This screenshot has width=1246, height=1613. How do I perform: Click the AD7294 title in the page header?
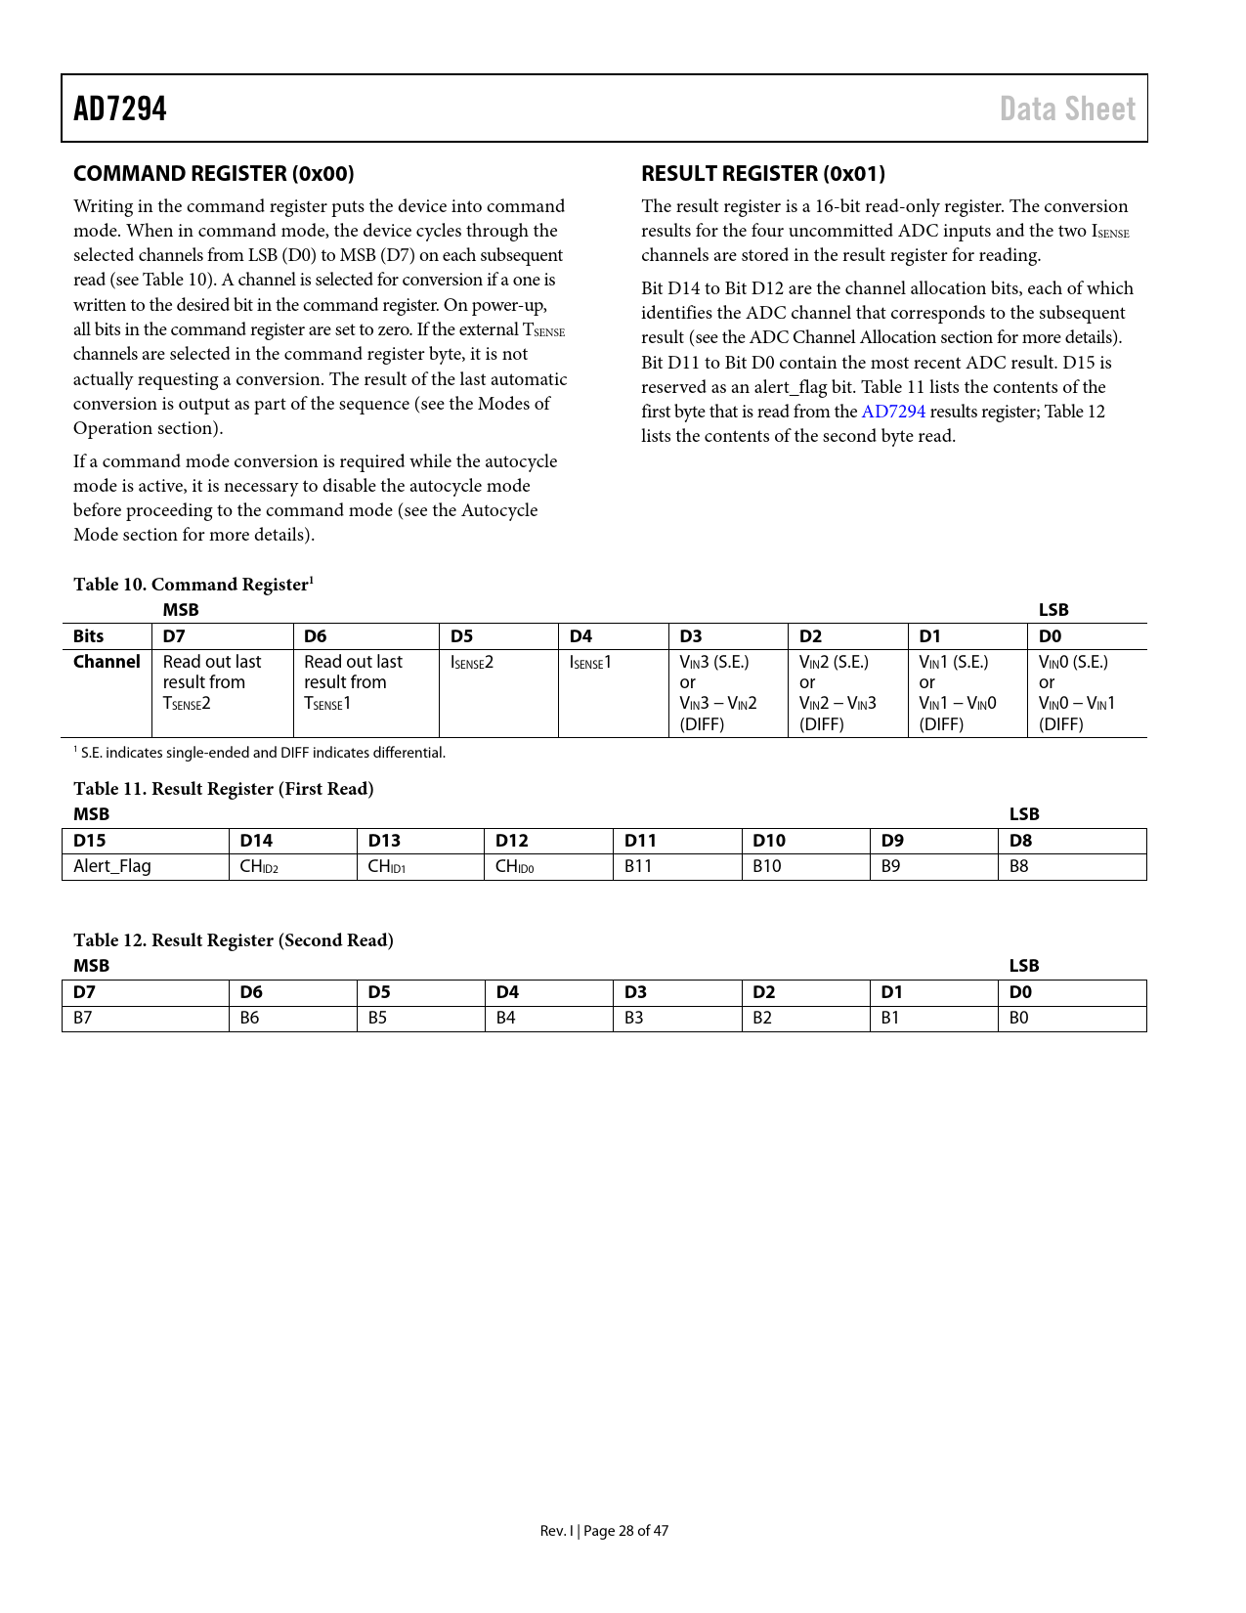click(x=120, y=109)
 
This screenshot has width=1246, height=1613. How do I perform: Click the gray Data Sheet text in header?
click(x=1067, y=109)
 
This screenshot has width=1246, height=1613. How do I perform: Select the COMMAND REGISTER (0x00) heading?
click(x=213, y=174)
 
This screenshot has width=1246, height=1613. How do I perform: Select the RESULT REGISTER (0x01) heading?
click(x=762, y=174)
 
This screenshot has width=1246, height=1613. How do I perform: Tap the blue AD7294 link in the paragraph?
click(x=892, y=412)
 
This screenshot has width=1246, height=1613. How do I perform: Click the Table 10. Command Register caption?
click(x=193, y=585)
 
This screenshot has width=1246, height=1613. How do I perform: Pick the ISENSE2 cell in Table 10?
click(x=472, y=663)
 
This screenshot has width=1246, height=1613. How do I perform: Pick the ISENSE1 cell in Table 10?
click(x=590, y=663)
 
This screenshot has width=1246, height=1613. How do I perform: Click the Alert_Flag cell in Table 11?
click(x=112, y=866)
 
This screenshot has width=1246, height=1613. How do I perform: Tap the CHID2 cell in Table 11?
click(x=259, y=866)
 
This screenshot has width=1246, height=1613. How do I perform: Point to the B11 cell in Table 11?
click(x=638, y=866)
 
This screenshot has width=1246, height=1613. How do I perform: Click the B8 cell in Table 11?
click(x=1019, y=866)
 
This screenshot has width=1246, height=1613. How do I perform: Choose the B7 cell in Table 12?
click(x=83, y=1018)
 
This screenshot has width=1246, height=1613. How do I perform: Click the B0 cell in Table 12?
click(x=1019, y=1018)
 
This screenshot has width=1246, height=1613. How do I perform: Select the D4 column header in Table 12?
click(x=507, y=992)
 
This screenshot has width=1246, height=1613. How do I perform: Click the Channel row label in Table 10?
click(x=107, y=662)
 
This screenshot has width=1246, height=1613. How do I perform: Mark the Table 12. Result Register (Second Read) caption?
click(x=234, y=940)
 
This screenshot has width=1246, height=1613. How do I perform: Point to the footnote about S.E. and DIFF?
click(x=260, y=753)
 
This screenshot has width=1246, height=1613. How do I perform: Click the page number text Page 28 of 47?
click(x=625, y=1531)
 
